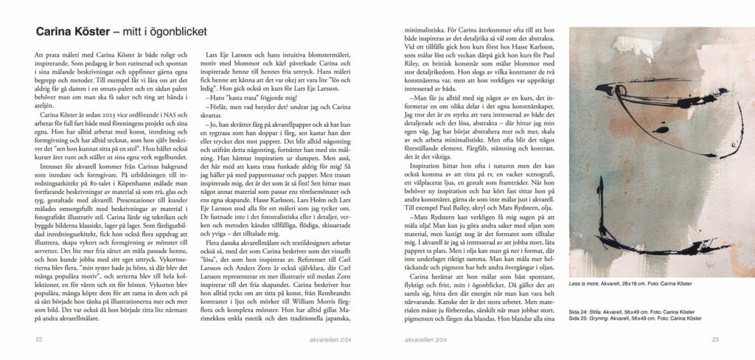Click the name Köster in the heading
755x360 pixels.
(90, 32)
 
